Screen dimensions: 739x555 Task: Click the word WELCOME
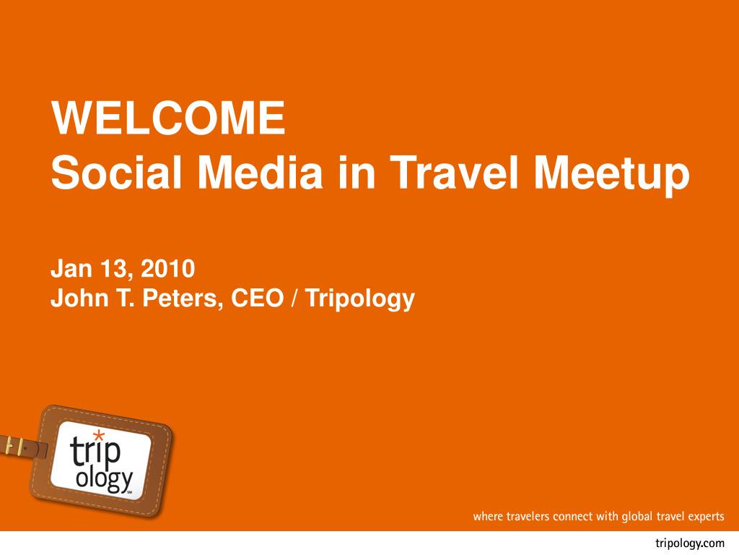point(168,118)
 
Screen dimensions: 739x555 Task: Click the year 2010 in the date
point(167,269)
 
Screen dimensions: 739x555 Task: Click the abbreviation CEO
point(258,298)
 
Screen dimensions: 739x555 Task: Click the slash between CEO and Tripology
point(295,298)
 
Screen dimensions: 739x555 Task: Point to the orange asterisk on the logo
point(98,436)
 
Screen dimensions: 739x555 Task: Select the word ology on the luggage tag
point(104,481)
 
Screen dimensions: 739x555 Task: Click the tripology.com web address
point(689,543)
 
